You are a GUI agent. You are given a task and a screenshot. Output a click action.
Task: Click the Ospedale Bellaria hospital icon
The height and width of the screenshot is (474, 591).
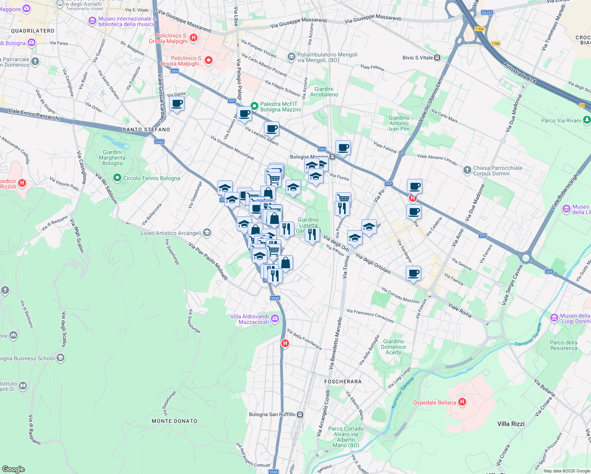pos(462,402)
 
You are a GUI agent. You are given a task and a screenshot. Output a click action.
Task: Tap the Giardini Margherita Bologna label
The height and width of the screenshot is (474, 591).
pos(112,158)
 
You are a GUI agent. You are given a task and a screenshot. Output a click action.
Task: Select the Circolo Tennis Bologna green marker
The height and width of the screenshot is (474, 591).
pos(117,178)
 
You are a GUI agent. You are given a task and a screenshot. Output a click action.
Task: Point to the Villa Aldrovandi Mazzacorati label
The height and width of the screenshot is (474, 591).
pos(250,319)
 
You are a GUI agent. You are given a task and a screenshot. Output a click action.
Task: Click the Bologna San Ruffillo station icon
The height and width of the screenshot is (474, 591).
pos(300,414)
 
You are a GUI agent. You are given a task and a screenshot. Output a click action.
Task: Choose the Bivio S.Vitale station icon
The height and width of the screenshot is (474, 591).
pos(437,58)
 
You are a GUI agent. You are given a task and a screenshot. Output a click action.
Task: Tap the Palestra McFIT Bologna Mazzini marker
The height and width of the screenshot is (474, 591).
pos(254,106)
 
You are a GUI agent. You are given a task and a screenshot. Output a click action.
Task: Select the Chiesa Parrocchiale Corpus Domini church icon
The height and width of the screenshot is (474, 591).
pos(467,170)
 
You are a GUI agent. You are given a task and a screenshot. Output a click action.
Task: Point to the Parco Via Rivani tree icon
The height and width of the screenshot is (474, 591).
pos(587,120)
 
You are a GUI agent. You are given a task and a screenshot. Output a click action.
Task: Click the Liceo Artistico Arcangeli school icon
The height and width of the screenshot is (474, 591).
pos(207,233)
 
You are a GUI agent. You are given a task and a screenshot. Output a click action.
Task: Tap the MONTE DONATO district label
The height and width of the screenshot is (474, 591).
pos(175,421)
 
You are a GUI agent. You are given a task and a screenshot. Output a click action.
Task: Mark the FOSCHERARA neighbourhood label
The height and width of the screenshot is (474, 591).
pos(343,382)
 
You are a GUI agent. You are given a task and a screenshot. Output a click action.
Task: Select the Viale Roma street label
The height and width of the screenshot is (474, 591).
pos(460,310)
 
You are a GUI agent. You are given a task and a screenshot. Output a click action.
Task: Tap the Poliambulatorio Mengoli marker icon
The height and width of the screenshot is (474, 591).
pos(292,57)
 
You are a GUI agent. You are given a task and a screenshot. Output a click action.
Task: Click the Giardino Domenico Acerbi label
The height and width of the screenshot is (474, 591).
pos(393,347)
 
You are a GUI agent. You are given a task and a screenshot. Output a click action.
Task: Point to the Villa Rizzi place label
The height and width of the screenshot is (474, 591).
pos(511,424)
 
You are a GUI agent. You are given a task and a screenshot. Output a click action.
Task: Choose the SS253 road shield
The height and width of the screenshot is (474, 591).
pos(487,13)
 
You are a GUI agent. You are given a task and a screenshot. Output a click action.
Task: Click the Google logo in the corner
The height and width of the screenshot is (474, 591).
pos(13,469)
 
